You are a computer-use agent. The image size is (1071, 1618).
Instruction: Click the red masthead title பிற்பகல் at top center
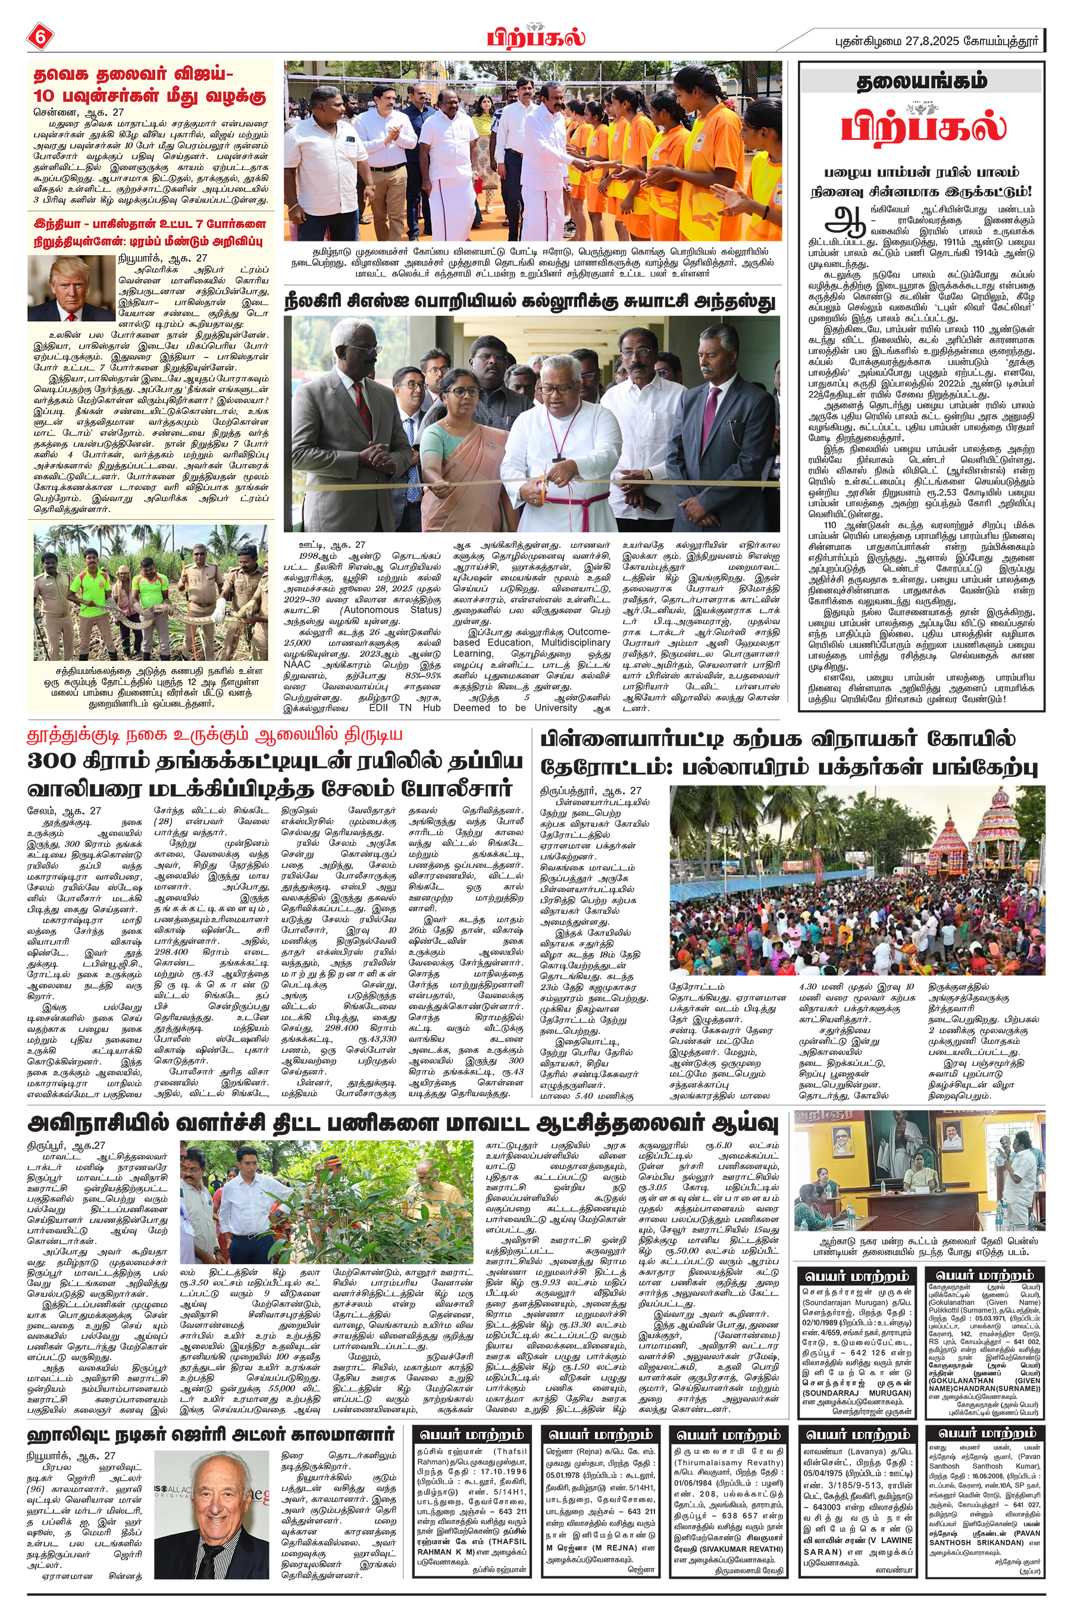535,36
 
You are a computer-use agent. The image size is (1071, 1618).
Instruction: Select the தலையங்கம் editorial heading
922,81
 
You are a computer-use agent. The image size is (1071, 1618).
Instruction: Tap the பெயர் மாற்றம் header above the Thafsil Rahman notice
472,1434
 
